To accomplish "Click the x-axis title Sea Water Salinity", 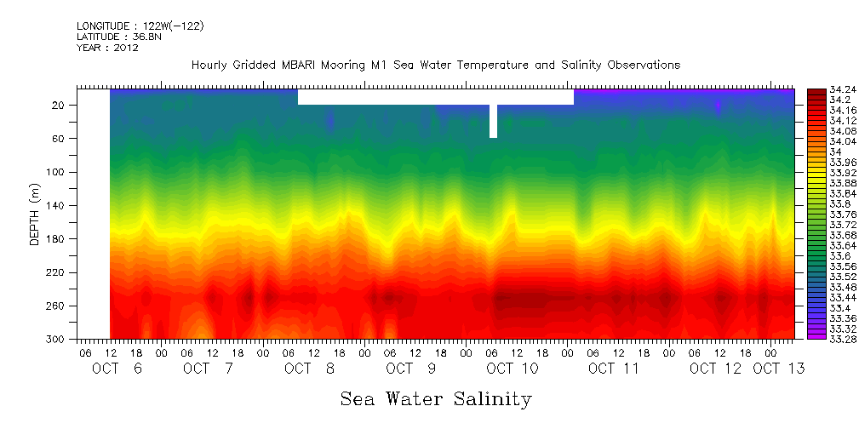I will click(436, 399).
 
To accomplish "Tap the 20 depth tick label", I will click(60, 105).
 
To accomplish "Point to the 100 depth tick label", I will click(57, 172).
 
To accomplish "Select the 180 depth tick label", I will click(57, 239).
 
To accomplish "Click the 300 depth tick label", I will click(57, 340).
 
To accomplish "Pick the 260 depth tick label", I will click(57, 306).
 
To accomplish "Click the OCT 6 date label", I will click(117, 369).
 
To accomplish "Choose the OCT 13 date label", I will click(778, 369).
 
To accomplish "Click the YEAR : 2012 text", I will click(107, 48).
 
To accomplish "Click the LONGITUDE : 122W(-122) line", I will click(140, 26).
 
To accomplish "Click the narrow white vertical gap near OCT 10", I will click(493, 121).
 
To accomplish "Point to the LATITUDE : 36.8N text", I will click(119, 37).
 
